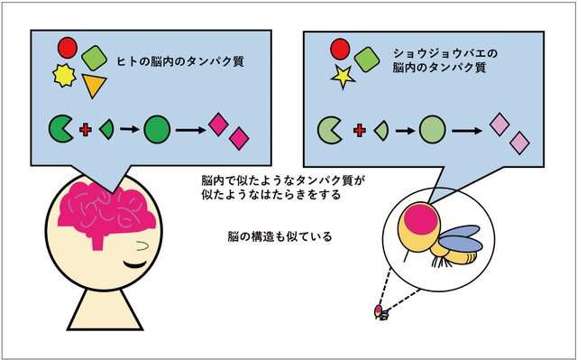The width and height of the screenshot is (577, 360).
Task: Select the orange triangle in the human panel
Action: (x=94, y=87)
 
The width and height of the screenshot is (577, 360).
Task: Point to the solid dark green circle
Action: (x=157, y=131)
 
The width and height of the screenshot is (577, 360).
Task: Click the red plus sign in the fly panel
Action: (x=359, y=131)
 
